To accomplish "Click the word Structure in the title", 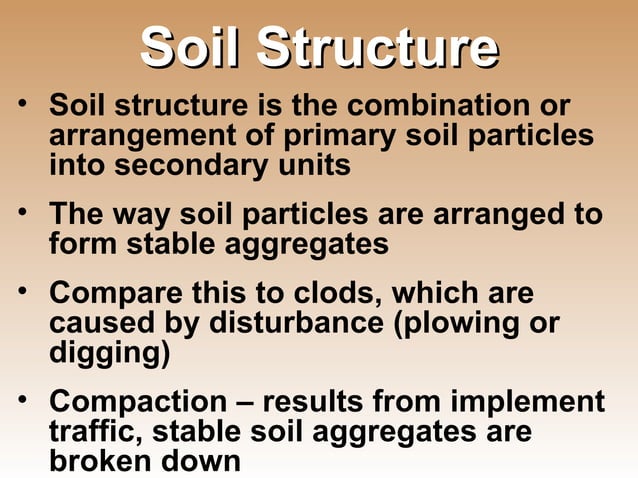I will tap(376, 49).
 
